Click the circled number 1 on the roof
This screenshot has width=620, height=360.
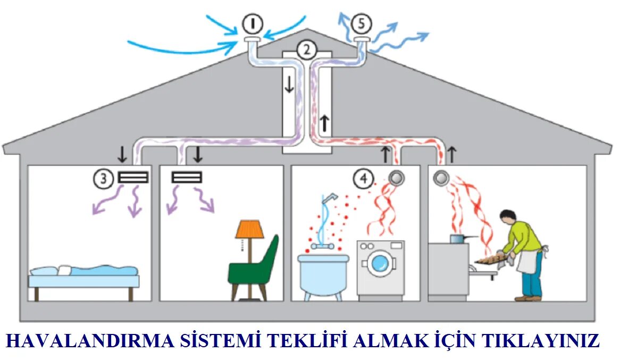(x=253, y=24)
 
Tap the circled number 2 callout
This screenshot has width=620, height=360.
(x=306, y=49)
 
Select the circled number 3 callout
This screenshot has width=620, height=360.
(x=103, y=179)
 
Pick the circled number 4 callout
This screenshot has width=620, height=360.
(x=364, y=179)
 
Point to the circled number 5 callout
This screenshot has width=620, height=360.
(x=362, y=24)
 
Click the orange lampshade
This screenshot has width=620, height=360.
(x=249, y=229)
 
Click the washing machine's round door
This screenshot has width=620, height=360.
(x=380, y=264)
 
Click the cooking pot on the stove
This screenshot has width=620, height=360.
(x=458, y=238)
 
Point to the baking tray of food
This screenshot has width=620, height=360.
(x=492, y=259)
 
